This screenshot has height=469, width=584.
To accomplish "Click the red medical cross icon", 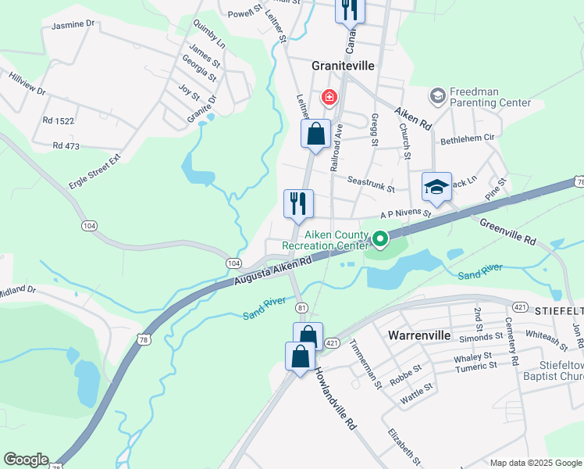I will pyautogui.click(x=329, y=98).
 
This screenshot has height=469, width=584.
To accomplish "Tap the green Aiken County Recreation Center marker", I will pyautogui.click(x=380, y=238).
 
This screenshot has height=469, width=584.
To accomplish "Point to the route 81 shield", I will pyautogui.click(x=302, y=307).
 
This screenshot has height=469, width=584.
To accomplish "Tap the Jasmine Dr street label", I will pyautogui.click(x=73, y=25).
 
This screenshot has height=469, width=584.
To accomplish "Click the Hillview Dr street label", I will pyautogui.click(x=27, y=84).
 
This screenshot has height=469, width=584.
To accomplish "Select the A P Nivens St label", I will pyautogui.click(x=405, y=213).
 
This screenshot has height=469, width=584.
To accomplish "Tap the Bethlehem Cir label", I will pyautogui.click(x=468, y=138).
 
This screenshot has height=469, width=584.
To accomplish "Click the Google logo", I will pyautogui.click(x=26, y=460).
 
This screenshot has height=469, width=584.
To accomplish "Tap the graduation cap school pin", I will pyautogui.click(x=437, y=188).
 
